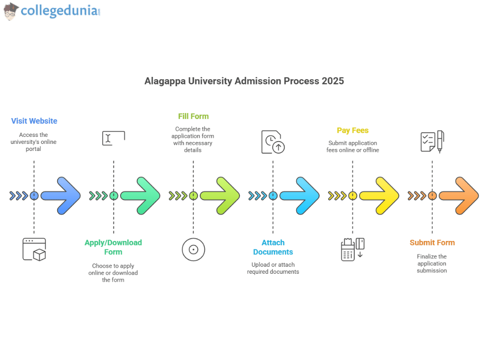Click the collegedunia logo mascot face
(x=11, y=11)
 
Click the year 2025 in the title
(x=332, y=81)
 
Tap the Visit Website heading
(x=34, y=121)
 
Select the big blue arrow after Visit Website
(x=61, y=196)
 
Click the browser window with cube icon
(x=34, y=249)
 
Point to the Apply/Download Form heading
(x=113, y=247)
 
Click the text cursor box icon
(x=113, y=138)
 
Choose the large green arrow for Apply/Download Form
(x=141, y=196)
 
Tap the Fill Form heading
(x=193, y=116)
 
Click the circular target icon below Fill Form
(x=193, y=249)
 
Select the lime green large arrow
(x=220, y=196)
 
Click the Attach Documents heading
(x=273, y=247)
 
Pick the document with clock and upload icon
(x=273, y=142)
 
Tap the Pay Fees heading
(x=352, y=130)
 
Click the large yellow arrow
(x=380, y=196)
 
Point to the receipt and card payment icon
(x=352, y=249)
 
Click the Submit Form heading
(x=432, y=242)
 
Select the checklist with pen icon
(x=432, y=142)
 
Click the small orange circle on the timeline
(x=432, y=196)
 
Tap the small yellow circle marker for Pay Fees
(x=352, y=196)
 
